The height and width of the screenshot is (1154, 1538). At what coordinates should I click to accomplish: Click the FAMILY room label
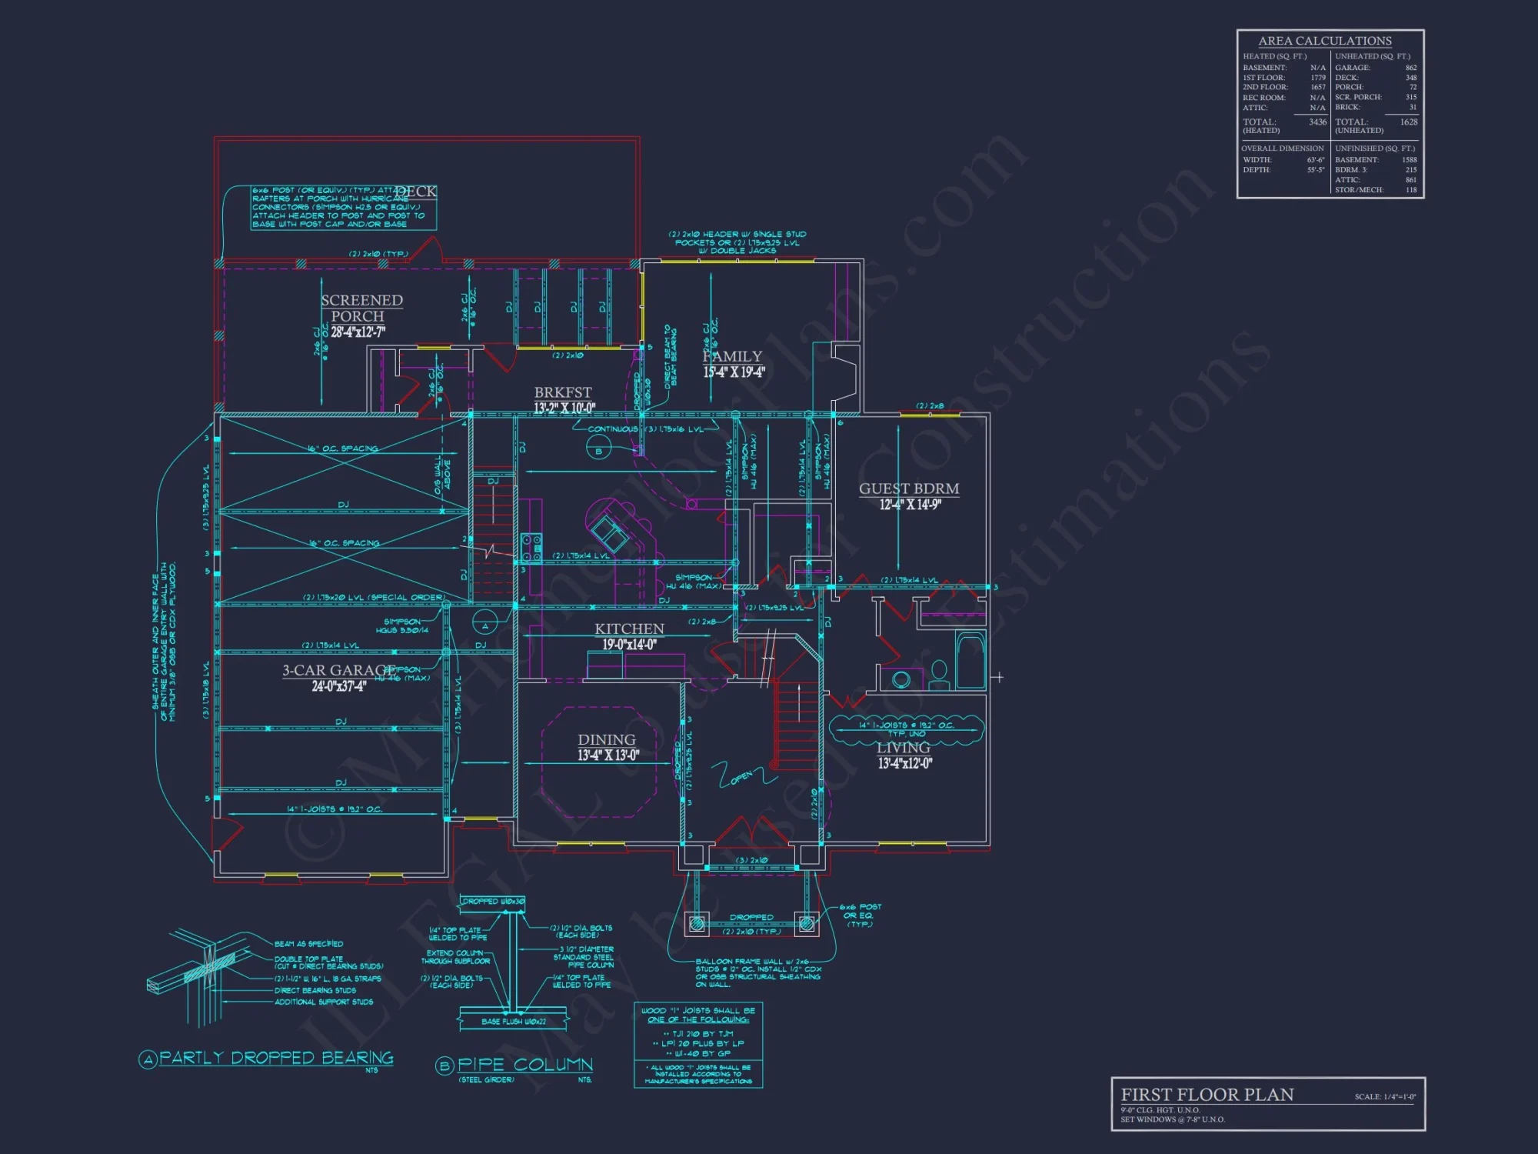(x=732, y=356)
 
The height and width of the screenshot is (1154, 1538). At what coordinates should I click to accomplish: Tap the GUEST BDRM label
(x=909, y=489)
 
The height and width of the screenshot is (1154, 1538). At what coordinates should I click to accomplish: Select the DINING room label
(x=607, y=739)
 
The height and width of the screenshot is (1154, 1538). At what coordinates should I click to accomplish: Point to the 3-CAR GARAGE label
(x=338, y=670)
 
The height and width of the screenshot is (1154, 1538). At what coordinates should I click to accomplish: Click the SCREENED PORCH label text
(x=361, y=308)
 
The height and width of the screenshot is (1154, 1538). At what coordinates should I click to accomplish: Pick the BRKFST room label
(x=563, y=392)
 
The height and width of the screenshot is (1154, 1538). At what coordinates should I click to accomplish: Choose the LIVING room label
(x=904, y=748)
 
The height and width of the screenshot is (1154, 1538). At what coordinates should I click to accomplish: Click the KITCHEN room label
(x=629, y=629)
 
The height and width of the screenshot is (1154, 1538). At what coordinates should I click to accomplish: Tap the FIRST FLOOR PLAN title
(x=1207, y=1094)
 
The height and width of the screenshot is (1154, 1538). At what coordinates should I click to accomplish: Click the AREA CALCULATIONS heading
(x=1325, y=41)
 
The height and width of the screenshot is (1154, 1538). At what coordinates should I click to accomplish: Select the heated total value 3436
(x=1317, y=122)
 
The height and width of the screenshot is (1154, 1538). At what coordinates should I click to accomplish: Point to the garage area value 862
(x=1410, y=68)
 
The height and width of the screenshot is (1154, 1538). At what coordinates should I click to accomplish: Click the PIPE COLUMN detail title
(x=525, y=1065)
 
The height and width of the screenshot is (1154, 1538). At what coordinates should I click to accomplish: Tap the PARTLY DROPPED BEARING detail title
(x=276, y=1058)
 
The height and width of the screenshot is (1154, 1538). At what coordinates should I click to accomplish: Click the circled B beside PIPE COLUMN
(x=444, y=1066)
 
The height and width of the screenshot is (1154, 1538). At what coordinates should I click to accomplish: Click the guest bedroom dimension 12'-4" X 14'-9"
(x=910, y=505)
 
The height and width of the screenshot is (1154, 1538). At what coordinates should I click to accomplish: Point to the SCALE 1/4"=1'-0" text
(x=1385, y=1097)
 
